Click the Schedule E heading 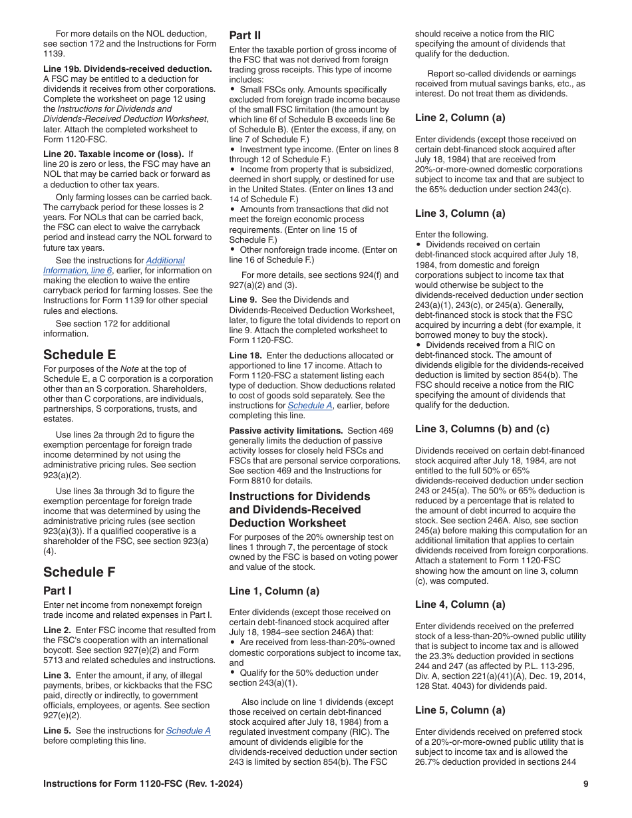pos(79,354)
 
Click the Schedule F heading pos(79,572)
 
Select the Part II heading pos(245,35)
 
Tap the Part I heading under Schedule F pos(57,591)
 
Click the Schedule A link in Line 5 pos(188,730)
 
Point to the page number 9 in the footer pos(585,784)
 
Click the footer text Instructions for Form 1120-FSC pos(142,784)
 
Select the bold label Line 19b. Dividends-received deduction pos(128,68)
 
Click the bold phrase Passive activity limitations pos(286,430)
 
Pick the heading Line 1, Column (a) pos(274,591)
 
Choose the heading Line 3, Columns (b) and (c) pos(482,429)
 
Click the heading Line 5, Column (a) pos(460,710)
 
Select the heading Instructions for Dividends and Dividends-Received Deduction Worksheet pos(299,509)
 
